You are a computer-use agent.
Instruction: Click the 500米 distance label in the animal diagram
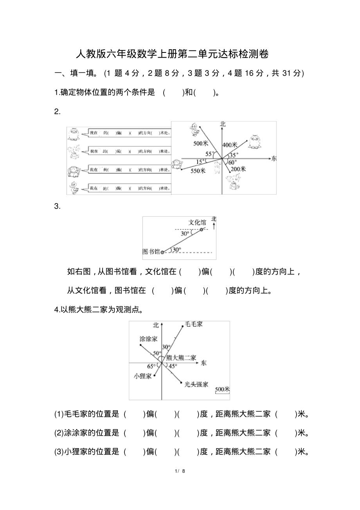pos(200,143)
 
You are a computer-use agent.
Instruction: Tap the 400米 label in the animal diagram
pos(230,145)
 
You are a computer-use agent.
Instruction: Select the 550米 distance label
pos(198,171)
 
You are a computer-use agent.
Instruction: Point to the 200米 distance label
pos(238,169)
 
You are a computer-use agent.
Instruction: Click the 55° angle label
pos(210,154)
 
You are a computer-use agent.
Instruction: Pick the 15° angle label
pos(200,161)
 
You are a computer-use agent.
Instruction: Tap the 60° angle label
pos(232,162)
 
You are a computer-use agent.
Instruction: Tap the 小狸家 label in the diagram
pos(142,376)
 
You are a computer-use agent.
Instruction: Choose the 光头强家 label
pos(197,385)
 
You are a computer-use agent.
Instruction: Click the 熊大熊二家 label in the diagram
pos(181,357)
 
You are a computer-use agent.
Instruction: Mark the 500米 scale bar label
pos(222,389)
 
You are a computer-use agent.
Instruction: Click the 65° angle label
pos(151,366)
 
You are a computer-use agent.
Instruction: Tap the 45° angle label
pos(173,366)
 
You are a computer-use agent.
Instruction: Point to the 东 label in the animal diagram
pos(274,159)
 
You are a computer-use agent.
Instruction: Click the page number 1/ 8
pos(180,471)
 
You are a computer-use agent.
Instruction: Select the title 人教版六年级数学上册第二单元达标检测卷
pos(172,54)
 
